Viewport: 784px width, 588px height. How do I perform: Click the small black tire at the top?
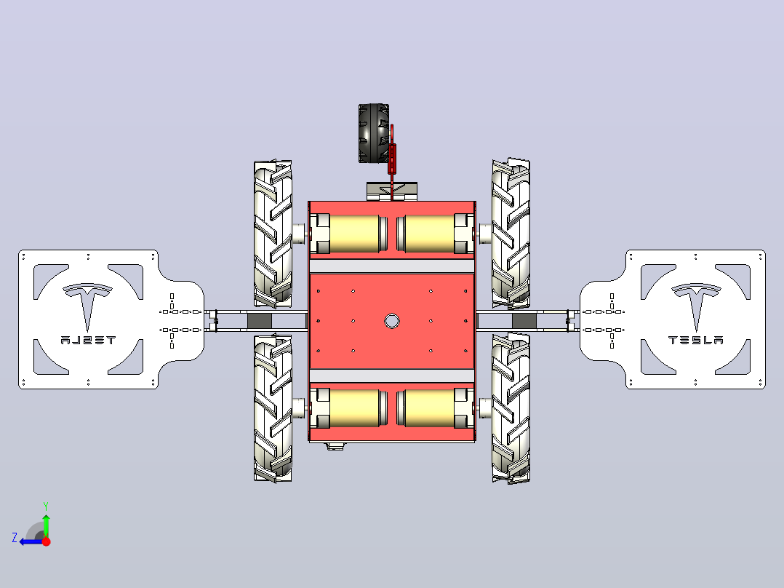373,133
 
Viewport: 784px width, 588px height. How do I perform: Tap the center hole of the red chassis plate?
392,321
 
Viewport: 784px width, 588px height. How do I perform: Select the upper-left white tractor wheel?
273,234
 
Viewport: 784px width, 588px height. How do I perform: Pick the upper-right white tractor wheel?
511,233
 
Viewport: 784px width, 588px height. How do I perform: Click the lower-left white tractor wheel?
273,408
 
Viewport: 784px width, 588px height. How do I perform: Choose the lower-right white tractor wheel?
511,408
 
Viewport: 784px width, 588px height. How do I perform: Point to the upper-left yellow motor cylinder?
354,234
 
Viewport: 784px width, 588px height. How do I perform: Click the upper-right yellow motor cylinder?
430,234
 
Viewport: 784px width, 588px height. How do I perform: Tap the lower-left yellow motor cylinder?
354,408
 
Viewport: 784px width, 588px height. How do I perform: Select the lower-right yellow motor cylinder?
430,408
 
